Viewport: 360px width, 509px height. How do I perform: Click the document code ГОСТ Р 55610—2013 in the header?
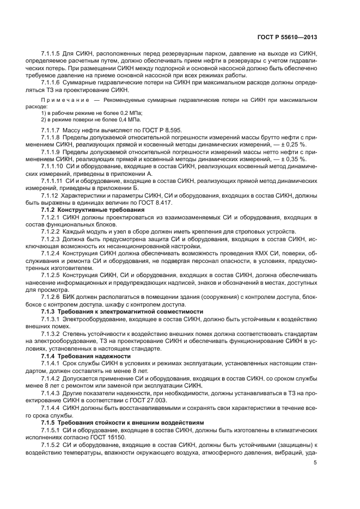tap(288, 37)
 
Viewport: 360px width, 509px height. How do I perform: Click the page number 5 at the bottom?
tap(315, 463)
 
